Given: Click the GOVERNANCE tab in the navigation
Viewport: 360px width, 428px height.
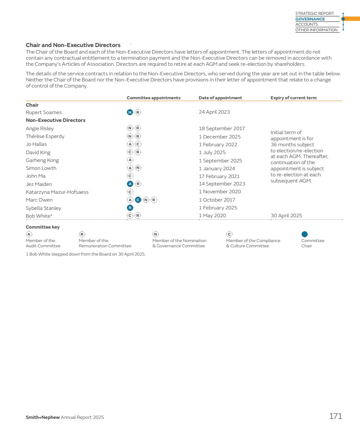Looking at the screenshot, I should pyautogui.click(x=310, y=19).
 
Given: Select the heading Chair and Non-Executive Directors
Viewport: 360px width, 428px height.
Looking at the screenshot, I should pyautogui.click(x=73, y=45).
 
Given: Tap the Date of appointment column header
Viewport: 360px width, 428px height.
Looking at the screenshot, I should pyautogui.click(x=220, y=98).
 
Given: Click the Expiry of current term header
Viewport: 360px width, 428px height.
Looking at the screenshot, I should pyautogui.click(x=293, y=98).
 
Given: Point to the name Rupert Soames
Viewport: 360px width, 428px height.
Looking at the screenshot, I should pyautogui.click(x=44, y=112).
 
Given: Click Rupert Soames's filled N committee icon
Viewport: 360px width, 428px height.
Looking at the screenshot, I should pyautogui.click(x=129, y=112).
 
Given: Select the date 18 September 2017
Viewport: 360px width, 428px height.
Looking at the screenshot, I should pyautogui.click(x=222, y=128).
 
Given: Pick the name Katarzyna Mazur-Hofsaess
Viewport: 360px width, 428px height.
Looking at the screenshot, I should pyautogui.click(x=57, y=192).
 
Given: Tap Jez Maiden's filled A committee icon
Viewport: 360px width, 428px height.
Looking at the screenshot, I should pyautogui.click(x=129, y=184).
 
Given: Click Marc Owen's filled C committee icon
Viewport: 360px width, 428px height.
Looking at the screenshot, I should pyautogui.click(x=138, y=200).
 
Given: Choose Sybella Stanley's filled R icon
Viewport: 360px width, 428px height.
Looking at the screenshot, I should pyautogui.click(x=129, y=208).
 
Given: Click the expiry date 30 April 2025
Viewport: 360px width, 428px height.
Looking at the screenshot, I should pyautogui.click(x=286, y=216).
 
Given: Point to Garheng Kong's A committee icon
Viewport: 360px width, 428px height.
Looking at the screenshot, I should pyautogui.click(x=129, y=160).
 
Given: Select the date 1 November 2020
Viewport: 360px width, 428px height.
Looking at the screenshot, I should pyautogui.click(x=220, y=192).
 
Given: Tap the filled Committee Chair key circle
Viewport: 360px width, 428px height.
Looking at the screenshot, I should pyautogui.click(x=305, y=234).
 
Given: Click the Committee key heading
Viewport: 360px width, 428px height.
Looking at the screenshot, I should pyautogui.click(x=43, y=227).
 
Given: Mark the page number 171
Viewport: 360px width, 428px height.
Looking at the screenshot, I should pyautogui.click(x=335, y=417).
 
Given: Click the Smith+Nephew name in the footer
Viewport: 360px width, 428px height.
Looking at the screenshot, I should pyautogui.click(x=43, y=418).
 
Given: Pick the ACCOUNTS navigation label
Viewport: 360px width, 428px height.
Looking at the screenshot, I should pyautogui.click(x=306, y=24).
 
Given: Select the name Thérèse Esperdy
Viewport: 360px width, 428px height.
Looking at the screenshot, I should pyautogui.click(x=45, y=136).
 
